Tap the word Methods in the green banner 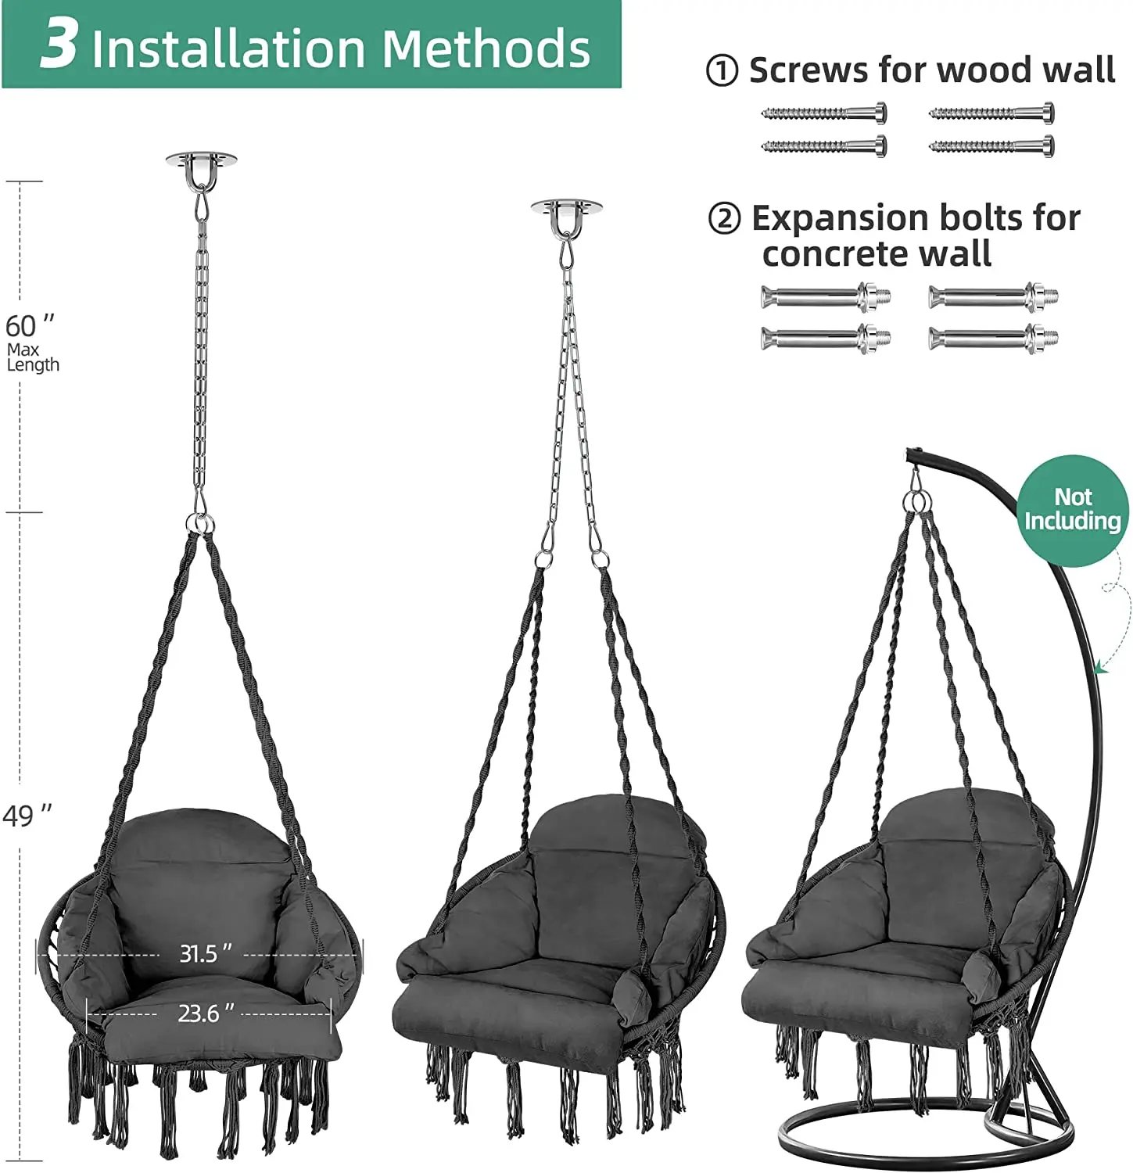click(486, 48)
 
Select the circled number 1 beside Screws click(722, 71)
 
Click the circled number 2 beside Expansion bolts click(724, 219)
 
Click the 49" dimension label click(27, 816)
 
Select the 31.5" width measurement click(206, 953)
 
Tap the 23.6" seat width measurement click(206, 1013)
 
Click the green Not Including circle click(1073, 510)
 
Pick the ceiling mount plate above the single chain click(200, 160)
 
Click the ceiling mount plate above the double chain click(566, 207)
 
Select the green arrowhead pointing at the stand click(1100, 665)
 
